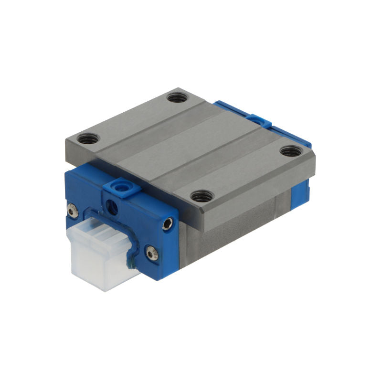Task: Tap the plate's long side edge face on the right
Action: (258, 201)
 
